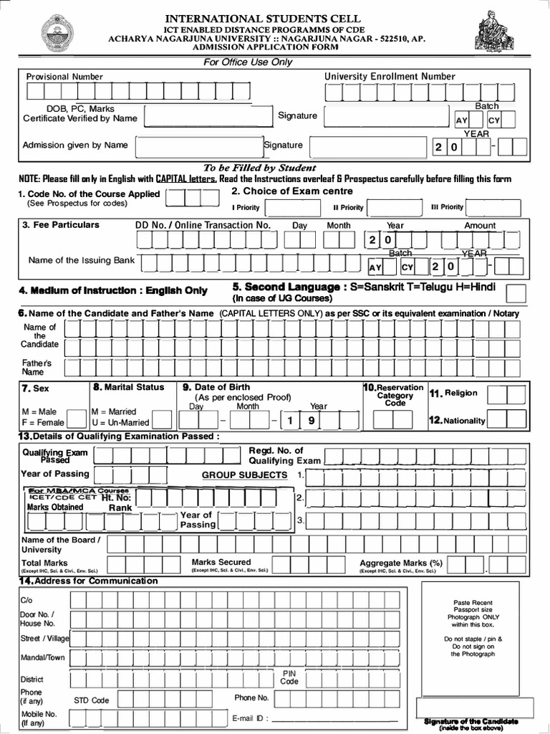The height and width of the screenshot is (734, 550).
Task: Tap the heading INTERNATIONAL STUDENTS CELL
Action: [264, 18]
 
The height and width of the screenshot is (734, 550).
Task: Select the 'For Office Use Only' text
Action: [248, 62]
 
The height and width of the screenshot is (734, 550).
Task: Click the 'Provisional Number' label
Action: [64, 77]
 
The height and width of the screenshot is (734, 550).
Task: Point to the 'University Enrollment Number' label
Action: [390, 77]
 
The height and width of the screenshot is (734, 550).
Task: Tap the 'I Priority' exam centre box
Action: [286, 208]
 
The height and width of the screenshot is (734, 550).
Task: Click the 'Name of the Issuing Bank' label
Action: [82, 260]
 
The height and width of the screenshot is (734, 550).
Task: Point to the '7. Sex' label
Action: [35, 389]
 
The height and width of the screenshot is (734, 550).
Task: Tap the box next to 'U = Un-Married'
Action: [162, 419]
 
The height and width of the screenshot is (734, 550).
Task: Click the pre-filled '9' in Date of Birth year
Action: [312, 421]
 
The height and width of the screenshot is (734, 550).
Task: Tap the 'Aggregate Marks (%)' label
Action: [401, 563]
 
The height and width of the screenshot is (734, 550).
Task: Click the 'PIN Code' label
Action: [289, 677]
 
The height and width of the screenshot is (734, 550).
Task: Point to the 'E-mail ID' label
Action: [249, 718]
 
